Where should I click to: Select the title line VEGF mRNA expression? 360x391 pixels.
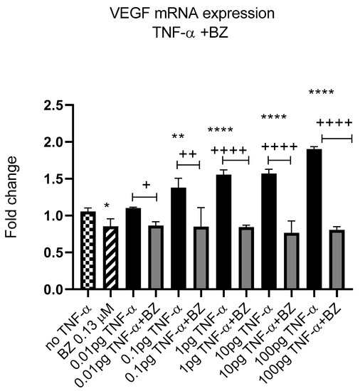pos(180,14)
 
